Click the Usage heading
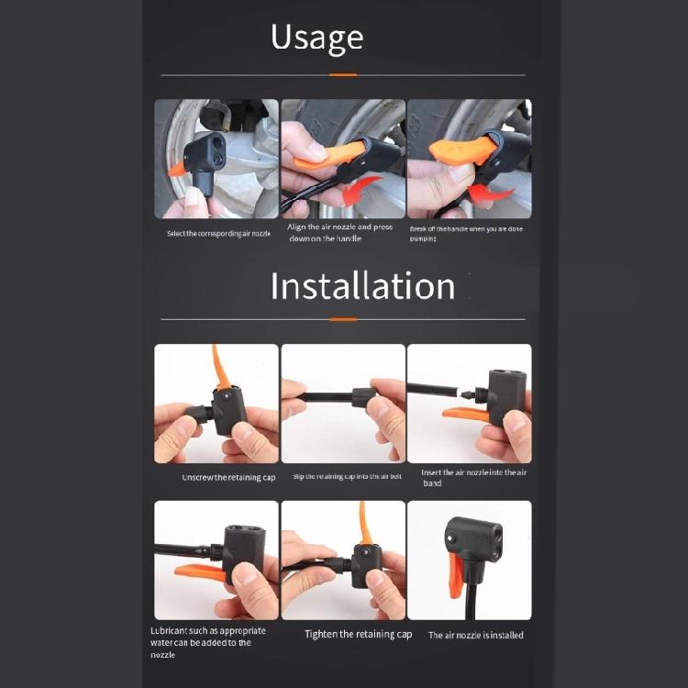click(316, 38)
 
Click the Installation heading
click(362, 286)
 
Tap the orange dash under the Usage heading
click(343, 74)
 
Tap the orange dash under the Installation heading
click(343, 319)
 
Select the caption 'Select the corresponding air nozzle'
click(218, 233)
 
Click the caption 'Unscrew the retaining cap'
click(228, 477)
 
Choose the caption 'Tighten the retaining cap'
click(358, 634)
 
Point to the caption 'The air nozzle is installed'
click(475, 635)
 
